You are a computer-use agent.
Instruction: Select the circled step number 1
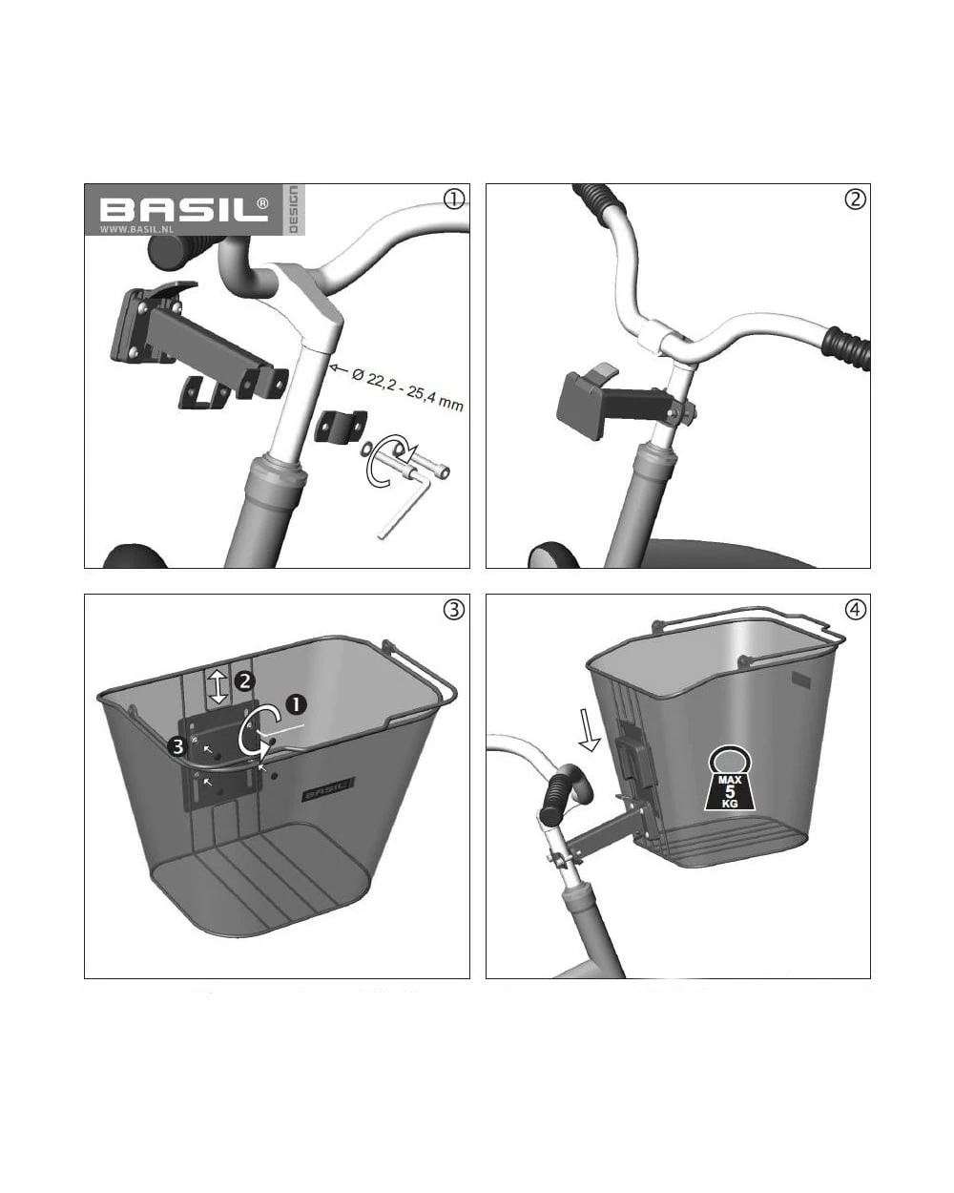tap(453, 199)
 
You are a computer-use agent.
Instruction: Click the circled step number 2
tap(855, 199)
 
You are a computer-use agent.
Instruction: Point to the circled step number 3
tap(453, 609)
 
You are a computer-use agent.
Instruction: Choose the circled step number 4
tap(855, 609)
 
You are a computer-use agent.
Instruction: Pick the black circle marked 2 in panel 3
tap(245, 680)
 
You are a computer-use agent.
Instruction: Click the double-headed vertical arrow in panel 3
tap(218, 686)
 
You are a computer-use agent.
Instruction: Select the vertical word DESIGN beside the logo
tap(293, 209)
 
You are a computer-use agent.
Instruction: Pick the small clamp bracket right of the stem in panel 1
tap(336, 426)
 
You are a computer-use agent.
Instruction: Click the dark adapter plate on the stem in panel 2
tap(580, 403)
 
